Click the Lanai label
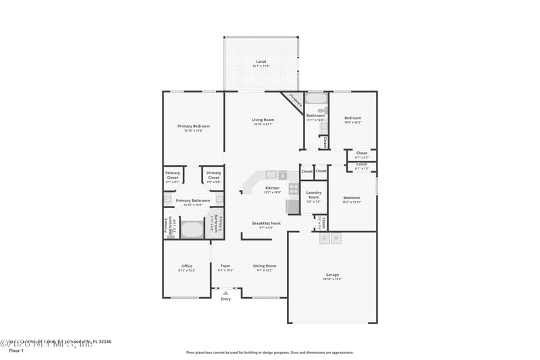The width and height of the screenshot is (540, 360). (x=261, y=61)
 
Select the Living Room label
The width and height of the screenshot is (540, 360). (x=263, y=120)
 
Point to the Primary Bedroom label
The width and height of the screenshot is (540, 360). (x=194, y=126)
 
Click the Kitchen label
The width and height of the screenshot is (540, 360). (x=272, y=188)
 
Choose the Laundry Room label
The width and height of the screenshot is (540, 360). (x=314, y=195)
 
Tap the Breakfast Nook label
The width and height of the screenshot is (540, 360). (x=267, y=224)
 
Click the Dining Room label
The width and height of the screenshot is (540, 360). (x=265, y=266)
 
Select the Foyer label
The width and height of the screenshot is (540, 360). (x=225, y=266)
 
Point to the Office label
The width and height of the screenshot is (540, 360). (x=187, y=266)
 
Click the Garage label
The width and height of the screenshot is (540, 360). (x=332, y=275)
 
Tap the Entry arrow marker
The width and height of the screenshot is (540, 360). (x=225, y=292)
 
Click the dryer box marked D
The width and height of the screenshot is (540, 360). (x=325, y=238)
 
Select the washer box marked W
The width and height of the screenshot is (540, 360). (x=336, y=238)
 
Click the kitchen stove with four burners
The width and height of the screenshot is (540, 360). (x=294, y=189)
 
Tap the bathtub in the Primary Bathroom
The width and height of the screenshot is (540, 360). (x=193, y=229)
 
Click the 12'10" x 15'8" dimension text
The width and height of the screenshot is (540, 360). (x=194, y=131)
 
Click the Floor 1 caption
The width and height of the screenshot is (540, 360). (x=16, y=351)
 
